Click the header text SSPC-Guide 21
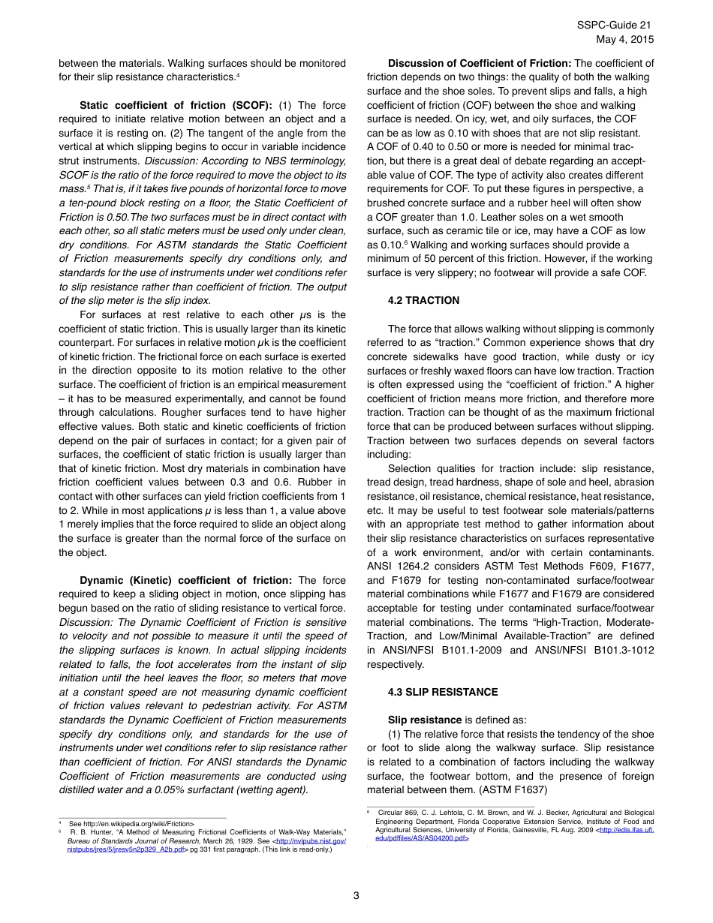615,26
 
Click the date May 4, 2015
624,39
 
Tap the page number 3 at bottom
356,895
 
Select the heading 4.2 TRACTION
423,300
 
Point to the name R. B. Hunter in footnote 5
86,832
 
